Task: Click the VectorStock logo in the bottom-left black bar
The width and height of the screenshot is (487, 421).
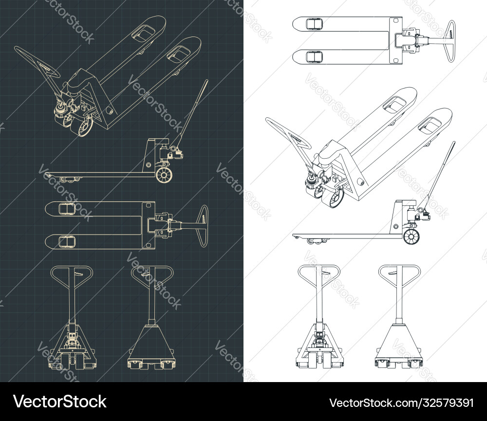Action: (x=60, y=402)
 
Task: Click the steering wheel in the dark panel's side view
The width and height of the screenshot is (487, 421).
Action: (x=165, y=175)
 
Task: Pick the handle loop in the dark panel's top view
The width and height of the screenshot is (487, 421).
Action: (x=204, y=226)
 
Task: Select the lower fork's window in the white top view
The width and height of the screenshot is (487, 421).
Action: (x=313, y=56)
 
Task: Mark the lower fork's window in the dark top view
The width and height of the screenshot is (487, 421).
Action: (x=66, y=242)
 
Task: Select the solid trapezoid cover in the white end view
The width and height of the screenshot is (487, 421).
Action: (x=398, y=343)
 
